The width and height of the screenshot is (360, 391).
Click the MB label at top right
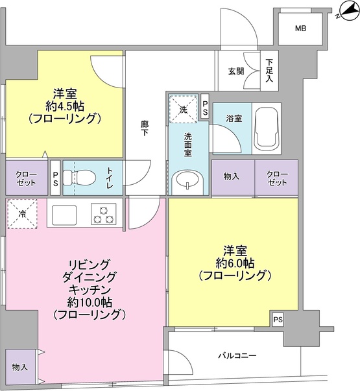coord(300,29)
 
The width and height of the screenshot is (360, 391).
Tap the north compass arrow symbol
coord(344,11)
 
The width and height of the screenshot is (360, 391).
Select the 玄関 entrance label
coord(236,71)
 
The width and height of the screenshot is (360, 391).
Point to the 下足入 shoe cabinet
coord(270,70)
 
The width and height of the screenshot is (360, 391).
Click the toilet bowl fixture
coord(81,177)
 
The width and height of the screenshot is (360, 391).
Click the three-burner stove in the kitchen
coord(103,213)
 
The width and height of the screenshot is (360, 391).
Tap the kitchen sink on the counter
coord(62,213)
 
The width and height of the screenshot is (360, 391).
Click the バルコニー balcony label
coord(237,355)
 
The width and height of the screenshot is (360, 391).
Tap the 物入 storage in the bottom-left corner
coord(19,366)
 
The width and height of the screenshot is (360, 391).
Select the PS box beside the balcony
coord(278,319)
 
